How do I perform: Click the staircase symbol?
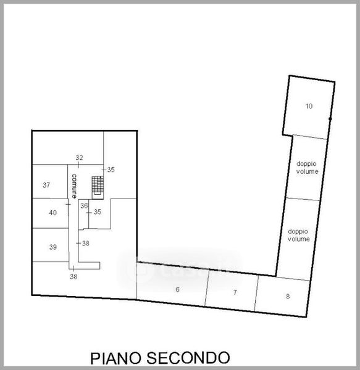tap(98, 186)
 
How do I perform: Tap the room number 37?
tap(46, 185)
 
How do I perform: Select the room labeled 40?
tap(52, 213)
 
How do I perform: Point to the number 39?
tap(53, 247)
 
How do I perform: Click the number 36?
tap(84, 206)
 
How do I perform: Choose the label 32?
tap(80, 157)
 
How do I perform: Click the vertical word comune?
tap(74, 186)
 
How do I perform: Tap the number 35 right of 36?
tap(98, 212)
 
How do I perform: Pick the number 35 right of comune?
tap(111, 170)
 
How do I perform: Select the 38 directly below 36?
tap(85, 244)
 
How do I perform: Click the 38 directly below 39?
tap(73, 276)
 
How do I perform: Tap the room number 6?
tap(177, 290)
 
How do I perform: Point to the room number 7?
tap(235, 292)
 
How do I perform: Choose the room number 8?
tap(288, 297)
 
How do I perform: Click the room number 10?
tap(309, 106)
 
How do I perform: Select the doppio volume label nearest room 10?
tap(307, 168)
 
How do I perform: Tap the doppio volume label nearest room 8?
tap(299, 236)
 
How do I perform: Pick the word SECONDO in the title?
tap(188, 358)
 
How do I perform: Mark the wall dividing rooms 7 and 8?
tap(256, 294)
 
